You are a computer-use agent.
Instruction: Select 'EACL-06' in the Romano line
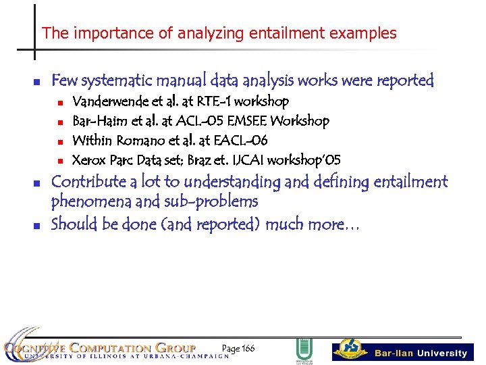(x=240, y=141)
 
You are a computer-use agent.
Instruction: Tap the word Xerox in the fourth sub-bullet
(x=89, y=160)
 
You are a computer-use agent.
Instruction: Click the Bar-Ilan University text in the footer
(x=421, y=353)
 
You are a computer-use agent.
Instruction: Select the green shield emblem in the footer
(x=304, y=350)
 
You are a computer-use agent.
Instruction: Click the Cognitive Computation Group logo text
(x=101, y=349)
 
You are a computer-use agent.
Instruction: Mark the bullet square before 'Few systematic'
(x=38, y=82)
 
